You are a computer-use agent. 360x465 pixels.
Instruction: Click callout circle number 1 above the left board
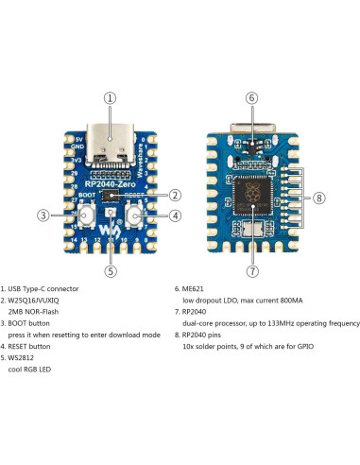[111, 97]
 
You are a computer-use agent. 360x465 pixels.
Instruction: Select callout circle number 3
[43, 215]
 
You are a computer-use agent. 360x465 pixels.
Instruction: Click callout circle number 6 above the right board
[251, 97]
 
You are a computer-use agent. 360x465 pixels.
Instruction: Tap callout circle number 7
[251, 270]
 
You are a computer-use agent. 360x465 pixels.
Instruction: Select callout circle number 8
[319, 198]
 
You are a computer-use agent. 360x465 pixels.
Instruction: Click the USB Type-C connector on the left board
[111, 150]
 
